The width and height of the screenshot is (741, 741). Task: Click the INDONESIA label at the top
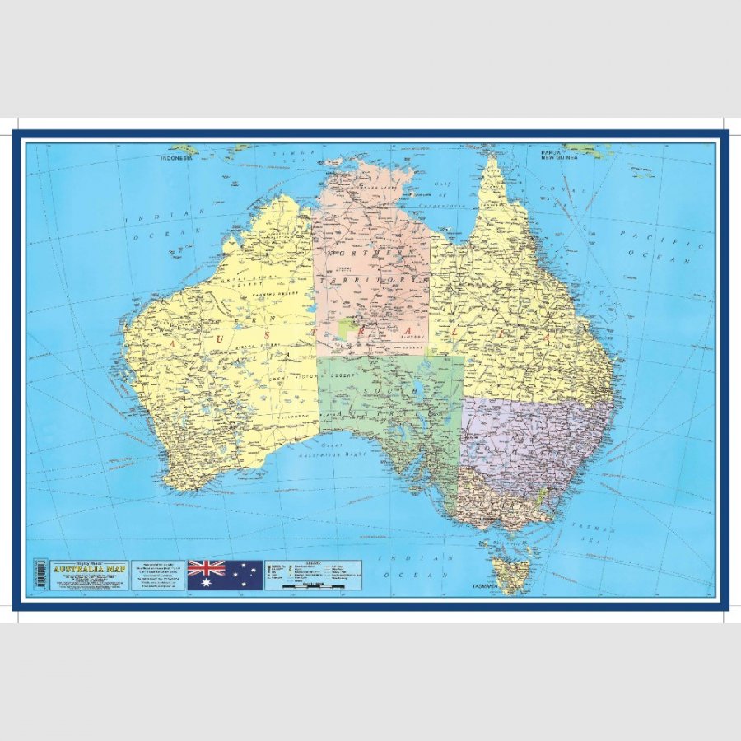(175, 157)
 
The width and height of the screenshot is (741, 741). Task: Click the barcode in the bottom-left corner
(39, 575)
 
